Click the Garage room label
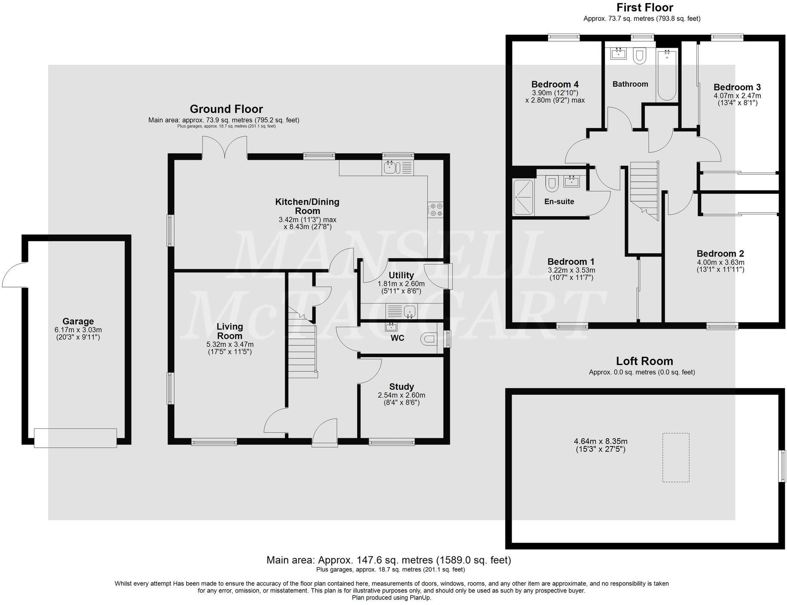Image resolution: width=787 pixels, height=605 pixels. click(x=78, y=321)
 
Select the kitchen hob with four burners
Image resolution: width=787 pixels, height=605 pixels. click(x=436, y=210)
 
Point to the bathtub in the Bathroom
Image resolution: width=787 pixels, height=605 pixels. click(x=667, y=75)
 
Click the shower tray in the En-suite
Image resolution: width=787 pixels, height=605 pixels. click(x=523, y=197)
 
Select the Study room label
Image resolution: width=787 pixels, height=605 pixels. click(x=401, y=387)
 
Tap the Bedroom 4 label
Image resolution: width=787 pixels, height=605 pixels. click(x=555, y=84)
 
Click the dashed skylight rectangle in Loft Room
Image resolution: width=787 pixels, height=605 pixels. click(x=675, y=457)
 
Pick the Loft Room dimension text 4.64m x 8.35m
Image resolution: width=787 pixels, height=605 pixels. click(x=600, y=441)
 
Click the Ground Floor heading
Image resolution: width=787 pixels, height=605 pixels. click(x=226, y=109)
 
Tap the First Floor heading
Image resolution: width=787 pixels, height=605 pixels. click(x=644, y=7)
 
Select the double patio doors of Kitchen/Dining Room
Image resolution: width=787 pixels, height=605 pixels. click(x=225, y=147)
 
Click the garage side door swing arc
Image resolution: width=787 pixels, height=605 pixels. click(x=13, y=275)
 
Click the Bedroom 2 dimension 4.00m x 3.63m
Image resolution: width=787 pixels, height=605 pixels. click(x=720, y=263)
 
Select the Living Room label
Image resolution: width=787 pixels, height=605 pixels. click(x=229, y=331)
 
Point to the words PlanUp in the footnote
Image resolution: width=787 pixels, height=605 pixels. click(x=420, y=598)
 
